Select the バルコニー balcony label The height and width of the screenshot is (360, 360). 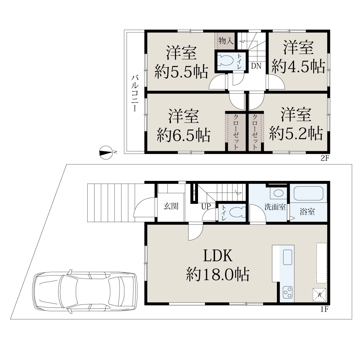pyautogui.click(x=135, y=94)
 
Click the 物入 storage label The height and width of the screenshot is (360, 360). pyautogui.click(x=226, y=41)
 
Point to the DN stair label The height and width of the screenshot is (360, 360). pyautogui.click(x=256, y=66)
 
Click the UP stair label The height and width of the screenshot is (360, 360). pyautogui.click(x=206, y=206)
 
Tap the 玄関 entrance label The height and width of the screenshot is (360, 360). pyautogui.click(x=171, y=206)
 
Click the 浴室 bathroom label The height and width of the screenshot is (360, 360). pyautogui.click(x=307, y=212)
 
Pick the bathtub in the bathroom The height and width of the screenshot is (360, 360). pyautogui.click(x=308, y=193)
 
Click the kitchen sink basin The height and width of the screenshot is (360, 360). pyautogui.click(x=287, y=257)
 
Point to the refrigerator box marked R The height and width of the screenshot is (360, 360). pyautogui.click(x=319, y=295)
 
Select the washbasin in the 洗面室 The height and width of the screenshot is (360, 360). pyautogui.click(x=278, y=193)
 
